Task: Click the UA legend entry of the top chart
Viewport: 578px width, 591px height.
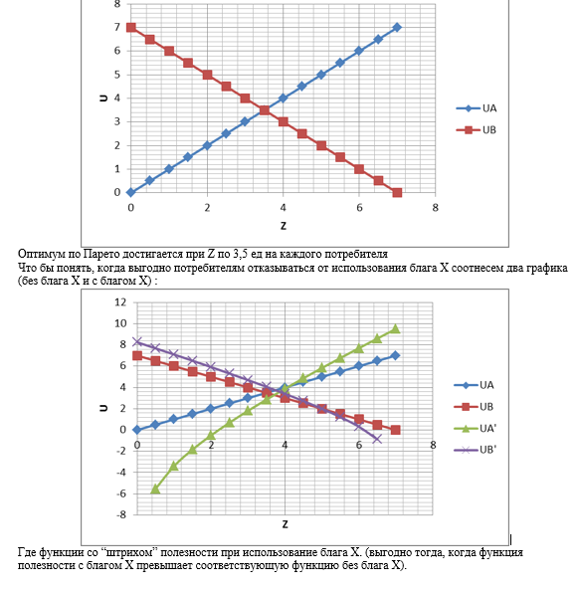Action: click(x=477, y=108)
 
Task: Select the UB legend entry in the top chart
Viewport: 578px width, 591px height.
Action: click(x=477, y=130)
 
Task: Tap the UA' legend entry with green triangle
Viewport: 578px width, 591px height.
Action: click(x=476, y=429)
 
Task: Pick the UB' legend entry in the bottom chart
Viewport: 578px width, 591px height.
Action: click(x=476, y=450)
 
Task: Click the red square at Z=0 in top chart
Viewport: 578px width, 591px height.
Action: click(x=131, y=28)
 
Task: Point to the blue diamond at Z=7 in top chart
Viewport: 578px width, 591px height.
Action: click(x=397, y=28)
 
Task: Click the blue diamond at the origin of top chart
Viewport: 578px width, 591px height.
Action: click(x=130, y=192)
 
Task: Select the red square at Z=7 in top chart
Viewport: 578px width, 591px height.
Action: click(x=397, y=193)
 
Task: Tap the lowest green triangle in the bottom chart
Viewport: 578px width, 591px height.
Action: click(x=155, y=490)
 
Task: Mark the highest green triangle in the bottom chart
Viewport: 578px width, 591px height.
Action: click(x=395, y=329)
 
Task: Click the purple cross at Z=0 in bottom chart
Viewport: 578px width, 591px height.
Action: click(x=137, y=341)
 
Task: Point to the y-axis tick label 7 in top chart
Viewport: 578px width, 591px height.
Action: click(x=117, y=27)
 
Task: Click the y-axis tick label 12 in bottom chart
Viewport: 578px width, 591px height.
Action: click(x=120, y=301)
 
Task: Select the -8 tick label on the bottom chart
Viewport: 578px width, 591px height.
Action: click(x=121, y=514)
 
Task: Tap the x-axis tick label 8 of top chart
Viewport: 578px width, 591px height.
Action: click(x=435, y=208)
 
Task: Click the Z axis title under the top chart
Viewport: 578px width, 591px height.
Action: click(x=284, y=226)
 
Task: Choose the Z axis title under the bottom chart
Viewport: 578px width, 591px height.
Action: click(x=285, y=524)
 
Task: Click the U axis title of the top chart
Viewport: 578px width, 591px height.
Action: click(x=103, y=98)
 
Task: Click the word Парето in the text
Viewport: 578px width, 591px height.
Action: click(x=98, y=254)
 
